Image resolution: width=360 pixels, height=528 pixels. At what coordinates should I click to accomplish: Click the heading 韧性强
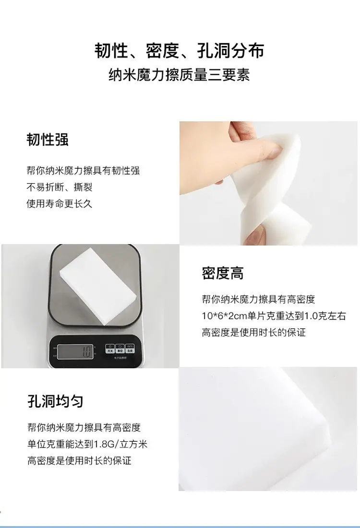[x=48, y=140]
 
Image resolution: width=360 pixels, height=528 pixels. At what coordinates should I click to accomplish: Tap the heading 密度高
[x=223, y=273]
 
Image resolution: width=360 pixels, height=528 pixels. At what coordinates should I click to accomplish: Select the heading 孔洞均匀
[x=55, y=401]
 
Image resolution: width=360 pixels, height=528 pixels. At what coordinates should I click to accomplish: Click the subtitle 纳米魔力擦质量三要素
[x=179, y=75]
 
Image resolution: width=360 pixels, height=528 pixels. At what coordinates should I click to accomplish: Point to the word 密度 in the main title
[x=162, y=51]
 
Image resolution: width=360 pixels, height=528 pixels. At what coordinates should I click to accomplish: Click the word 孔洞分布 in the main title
[x=230, y=51]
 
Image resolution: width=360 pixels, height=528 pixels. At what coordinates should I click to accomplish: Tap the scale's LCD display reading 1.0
[x=75, y=352]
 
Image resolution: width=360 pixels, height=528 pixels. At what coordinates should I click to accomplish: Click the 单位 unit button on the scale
[x=120, y=349]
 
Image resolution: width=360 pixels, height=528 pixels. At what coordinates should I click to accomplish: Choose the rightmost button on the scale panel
[x=130, y=349]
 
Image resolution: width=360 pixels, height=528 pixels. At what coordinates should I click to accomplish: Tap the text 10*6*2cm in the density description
[x=225, y=316]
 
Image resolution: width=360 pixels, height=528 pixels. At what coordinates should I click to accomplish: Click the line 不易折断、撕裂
[x=60, y=187]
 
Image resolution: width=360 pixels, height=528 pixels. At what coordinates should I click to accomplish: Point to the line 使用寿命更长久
[x=60, y=203]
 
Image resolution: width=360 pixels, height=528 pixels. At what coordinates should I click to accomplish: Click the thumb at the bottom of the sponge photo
[x=255, y=234]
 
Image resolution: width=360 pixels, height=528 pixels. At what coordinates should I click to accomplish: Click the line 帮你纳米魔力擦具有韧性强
[x=83, y=170]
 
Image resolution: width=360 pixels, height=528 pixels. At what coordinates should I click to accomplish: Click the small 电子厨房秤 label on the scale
[x=120, y=357]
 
